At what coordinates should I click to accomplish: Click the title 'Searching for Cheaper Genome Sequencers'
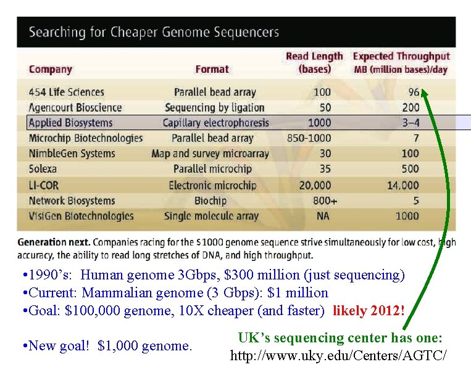coord(154,32)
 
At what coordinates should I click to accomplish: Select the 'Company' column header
coord(51,69)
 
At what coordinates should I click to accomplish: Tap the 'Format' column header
coord(212,69)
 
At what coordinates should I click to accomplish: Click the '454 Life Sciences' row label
coord(67,92)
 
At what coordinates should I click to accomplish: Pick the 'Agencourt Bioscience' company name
coord(75,107)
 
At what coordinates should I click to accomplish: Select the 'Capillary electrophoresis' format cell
coord(216,123)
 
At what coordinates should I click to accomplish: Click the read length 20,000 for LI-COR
coord(314,185)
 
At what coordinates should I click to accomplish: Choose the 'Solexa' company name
coord(43,168)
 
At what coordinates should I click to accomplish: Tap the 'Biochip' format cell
coord(210,200)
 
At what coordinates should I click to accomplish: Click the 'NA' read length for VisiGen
coord(323,216)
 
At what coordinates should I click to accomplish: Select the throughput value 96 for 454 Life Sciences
coord(413,92)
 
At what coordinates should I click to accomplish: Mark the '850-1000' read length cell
coord(309,138)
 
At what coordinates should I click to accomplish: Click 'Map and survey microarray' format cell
coord(210,154)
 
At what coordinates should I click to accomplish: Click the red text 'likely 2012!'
coord(369,310)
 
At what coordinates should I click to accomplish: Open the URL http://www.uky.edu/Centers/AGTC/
coord(338,356)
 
